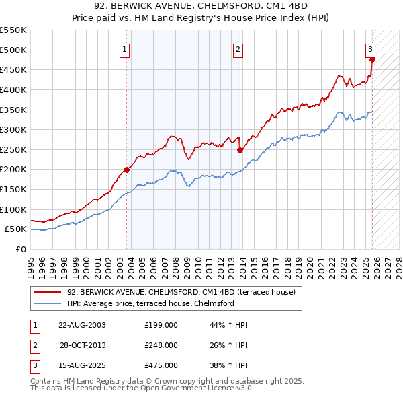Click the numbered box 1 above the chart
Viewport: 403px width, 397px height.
pos(126,48)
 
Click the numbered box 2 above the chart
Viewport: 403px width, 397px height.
pos(238,48)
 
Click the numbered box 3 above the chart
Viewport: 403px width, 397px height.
pos(370,48)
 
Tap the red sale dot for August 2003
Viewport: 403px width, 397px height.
pos(126,170)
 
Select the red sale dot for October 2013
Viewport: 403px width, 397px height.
pos(239,151)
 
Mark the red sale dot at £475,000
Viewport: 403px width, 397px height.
pos(372,59)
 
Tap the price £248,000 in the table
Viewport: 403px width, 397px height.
pos(161,345)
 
